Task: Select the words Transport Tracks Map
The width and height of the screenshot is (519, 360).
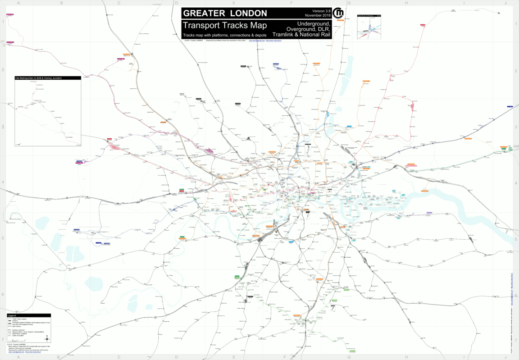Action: pos(225,26)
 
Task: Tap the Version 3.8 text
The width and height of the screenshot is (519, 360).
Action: pos(321,11)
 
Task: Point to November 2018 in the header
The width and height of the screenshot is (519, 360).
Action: pos(319,16)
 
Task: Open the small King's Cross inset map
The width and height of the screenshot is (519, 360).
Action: pos(369,27)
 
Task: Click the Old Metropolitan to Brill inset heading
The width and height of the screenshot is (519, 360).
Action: pos(38,78)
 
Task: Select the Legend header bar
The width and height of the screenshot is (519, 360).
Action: pos(29,315)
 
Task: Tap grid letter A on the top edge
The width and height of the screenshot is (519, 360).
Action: pos(18,3)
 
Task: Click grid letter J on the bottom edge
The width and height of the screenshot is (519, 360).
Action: pos(505,357)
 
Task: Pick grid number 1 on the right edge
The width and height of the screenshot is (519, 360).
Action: pos(516,21)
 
